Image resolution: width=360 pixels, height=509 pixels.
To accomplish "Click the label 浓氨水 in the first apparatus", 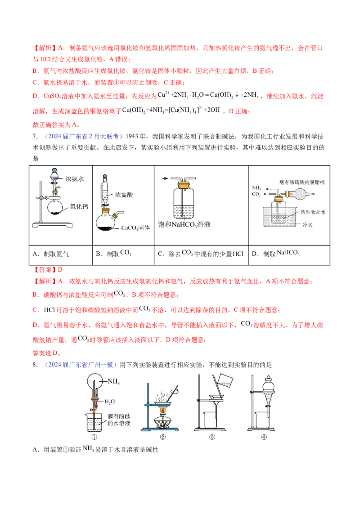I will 75,179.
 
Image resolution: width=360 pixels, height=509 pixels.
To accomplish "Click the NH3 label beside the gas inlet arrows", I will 256,188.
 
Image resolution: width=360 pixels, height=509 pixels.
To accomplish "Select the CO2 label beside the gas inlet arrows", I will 256,195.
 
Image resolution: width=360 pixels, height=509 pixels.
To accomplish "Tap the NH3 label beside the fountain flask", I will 113,382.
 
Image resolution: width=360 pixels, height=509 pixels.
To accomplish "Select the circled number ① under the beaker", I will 94,437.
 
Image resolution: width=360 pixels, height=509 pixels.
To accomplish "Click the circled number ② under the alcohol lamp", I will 163,437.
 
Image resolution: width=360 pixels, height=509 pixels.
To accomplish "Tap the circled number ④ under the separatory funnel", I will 264,437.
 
